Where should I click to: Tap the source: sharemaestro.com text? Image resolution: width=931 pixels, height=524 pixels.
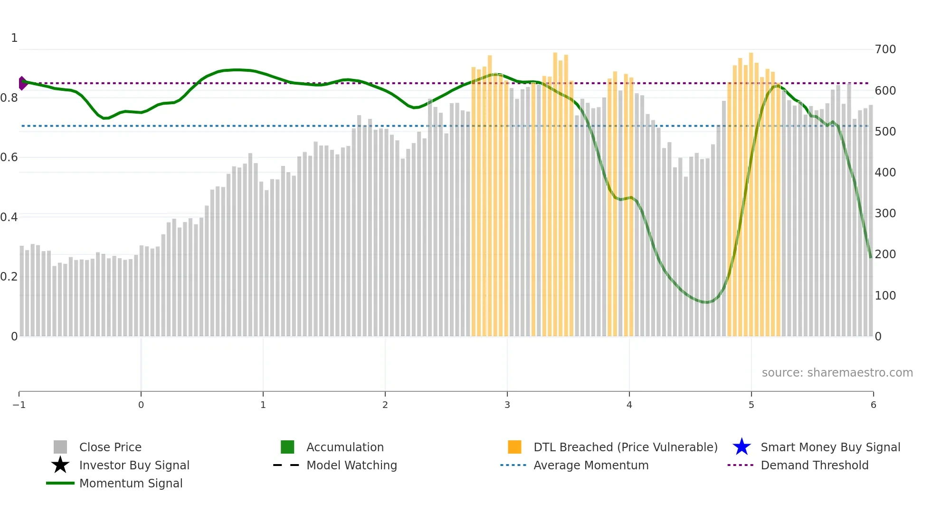(837, 373)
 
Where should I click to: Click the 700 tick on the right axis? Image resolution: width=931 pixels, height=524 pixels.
(885, 49)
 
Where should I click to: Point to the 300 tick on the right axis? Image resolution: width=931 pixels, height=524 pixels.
(885, 213)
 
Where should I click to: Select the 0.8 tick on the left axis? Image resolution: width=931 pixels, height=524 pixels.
(9, 98)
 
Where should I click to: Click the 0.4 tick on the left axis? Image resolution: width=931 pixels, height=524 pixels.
(9, 217)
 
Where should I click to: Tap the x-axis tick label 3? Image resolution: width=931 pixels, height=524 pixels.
(507, 405)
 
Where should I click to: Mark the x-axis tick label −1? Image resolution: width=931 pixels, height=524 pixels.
(19, 405)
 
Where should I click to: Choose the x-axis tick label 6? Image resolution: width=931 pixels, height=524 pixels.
(873, 405)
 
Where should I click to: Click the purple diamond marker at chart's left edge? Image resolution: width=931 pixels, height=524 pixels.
(22, 83)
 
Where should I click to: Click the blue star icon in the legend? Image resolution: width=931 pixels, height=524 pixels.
(741, 447)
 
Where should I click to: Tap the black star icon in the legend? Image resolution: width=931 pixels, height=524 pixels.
(60, 465)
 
